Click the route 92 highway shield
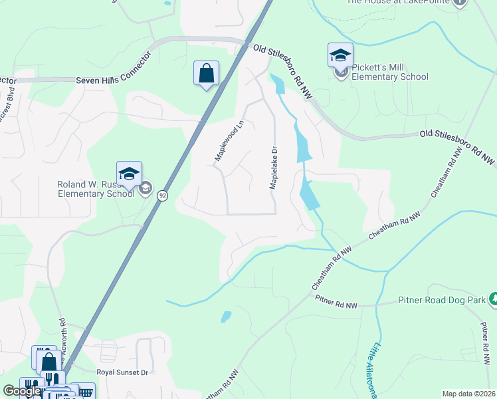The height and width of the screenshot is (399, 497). [x=162, y=196]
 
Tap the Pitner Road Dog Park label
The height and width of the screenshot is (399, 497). [x=443, y=301]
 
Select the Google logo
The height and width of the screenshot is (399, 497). [x=22, y=391]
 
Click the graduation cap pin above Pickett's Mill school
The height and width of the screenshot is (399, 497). [x=340, y=55]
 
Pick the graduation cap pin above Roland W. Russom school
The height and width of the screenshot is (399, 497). [x=129, y=174]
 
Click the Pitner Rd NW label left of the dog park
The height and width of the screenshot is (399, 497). [x=336, y=305]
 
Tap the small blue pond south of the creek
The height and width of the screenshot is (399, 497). [x=226, y=317]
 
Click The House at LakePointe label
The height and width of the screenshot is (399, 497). [x=399, y=2]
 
